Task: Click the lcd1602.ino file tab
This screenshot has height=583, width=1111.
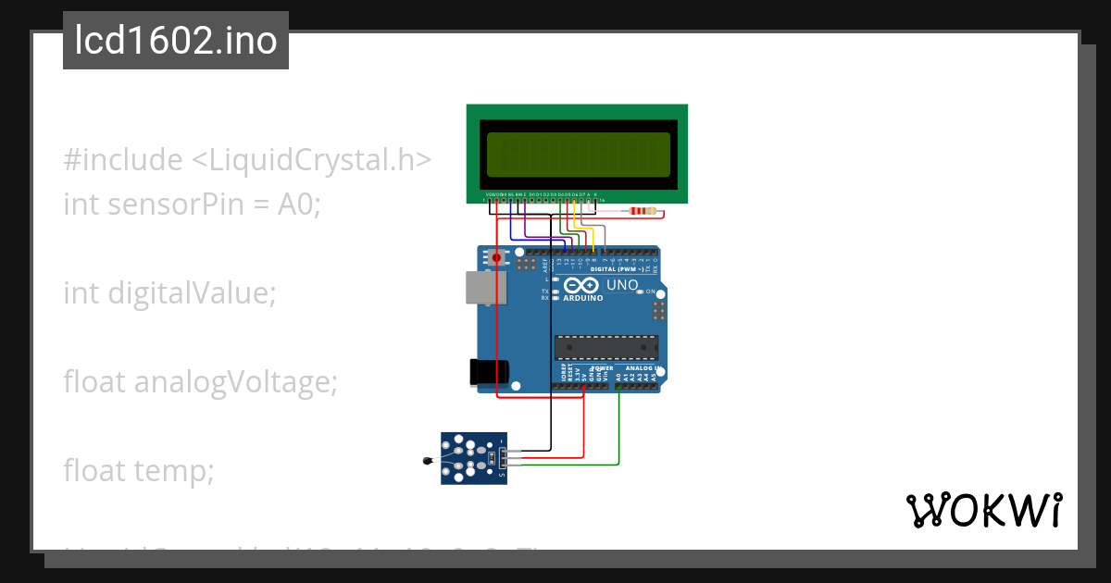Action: click(176, 41)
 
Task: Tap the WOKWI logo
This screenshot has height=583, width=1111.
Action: click(983, 510)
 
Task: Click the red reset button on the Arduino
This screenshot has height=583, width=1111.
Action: click(497, 257)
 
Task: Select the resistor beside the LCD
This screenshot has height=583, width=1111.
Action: click(643, 212)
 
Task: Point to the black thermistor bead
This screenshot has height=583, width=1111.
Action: click(427, 459)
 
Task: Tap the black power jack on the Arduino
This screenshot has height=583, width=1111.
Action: click(489, 372)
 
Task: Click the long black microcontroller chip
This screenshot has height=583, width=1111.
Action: click(605, 347)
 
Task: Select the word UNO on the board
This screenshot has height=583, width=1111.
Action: click(621, 285)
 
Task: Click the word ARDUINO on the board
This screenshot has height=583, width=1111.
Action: click(583, 298)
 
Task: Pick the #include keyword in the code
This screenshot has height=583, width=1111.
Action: click(123, 160)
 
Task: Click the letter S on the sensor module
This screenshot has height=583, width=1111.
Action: click(502, 476)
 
